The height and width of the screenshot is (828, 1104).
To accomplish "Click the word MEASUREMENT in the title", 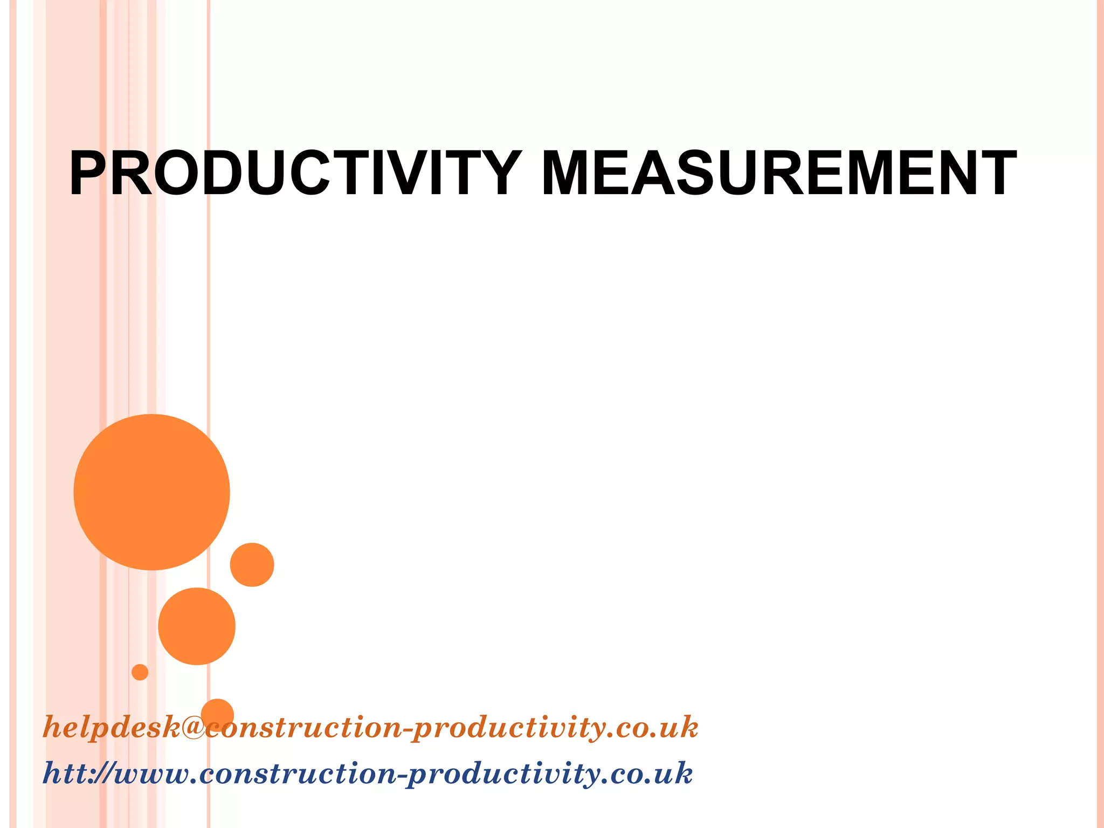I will coord(778,174).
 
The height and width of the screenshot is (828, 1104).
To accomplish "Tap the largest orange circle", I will coord(152,492).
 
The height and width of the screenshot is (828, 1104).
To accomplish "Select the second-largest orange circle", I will coord(197,626).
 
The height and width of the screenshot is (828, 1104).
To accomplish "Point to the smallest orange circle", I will coord(140,672).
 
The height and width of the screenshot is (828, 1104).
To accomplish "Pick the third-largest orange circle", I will coord(252,564).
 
